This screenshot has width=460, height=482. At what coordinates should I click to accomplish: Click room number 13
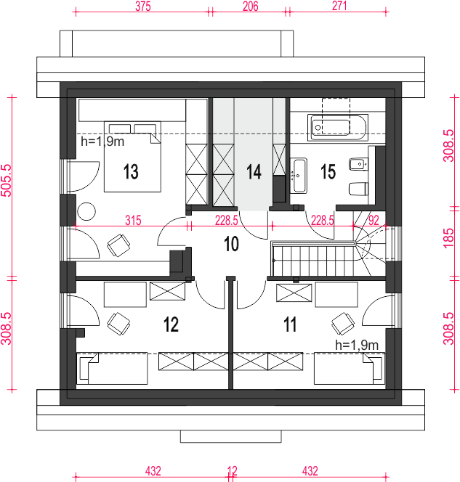pyautogui.click(x=131, y=171)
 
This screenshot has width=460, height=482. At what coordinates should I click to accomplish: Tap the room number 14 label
pyautogui.click(x=254, y=171)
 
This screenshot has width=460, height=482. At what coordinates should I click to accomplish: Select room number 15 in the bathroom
pyautogui.click(x=328, y=171)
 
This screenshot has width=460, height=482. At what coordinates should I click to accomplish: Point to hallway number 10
pyautogui.click(x=231, y=244)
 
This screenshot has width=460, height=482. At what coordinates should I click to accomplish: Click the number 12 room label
pyautogui.click(x=171, y=324)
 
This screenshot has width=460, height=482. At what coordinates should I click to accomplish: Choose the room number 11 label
pyautogui.click(x=290, y=324)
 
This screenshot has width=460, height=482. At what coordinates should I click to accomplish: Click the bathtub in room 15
pyautogui.click(x=338, y=128)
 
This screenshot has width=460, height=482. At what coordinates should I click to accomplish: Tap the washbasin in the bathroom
pyautogui.click(x=299, y=176)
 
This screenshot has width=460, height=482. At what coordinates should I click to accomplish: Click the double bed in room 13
pyautogui.click(x=132, y=157)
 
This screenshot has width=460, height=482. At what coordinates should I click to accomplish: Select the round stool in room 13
pyautogui.click(x=86, y=211)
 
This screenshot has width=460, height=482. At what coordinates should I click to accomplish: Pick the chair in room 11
pyautogui.click(x=343, y=324)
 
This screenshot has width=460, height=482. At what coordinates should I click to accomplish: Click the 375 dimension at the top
pyautogui.click(x=143, y=6)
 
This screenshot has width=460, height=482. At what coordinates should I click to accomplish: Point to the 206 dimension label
pyautogui.click(x=251, y=6)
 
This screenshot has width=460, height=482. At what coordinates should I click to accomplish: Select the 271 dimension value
pyautogui.click(x=339, y=6)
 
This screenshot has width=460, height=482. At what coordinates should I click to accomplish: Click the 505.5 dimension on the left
pyautogui.click(x=6, y=180)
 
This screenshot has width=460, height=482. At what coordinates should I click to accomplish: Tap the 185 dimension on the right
pyautogui.click(x=448, y=237)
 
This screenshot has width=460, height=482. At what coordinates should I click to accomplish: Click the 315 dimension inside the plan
pyautogui.click(x=133, y=221)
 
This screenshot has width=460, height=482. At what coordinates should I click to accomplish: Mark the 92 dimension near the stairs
pyautogui.click(x=374, y=221)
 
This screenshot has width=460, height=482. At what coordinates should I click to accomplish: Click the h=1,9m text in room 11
pyautogui.click(x=357, y=346)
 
